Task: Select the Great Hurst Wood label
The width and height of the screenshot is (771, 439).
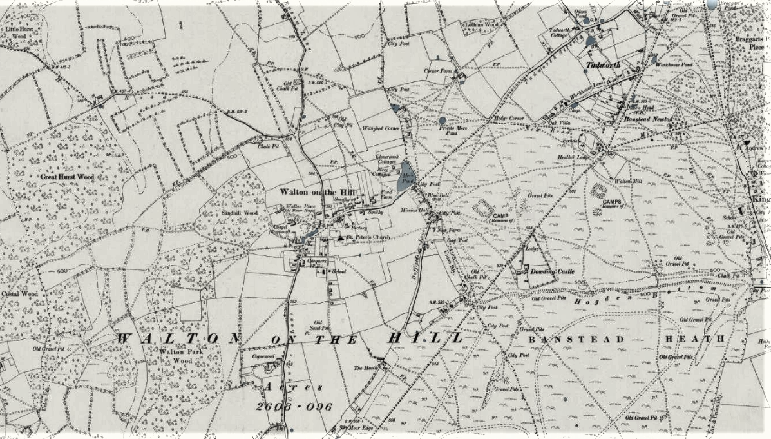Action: click(x=67, y=176)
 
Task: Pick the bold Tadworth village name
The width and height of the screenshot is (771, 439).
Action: click(x=602, y=65)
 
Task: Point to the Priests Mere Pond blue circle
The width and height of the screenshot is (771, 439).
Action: click(x=442, y=120)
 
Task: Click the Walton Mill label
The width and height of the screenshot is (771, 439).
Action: click(x=630, y=182)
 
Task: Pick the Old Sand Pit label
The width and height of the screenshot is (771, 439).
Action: click(x=318, y=326)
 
